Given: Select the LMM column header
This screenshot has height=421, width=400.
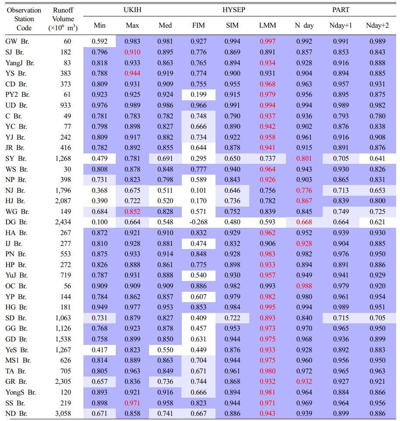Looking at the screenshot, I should point(267,26).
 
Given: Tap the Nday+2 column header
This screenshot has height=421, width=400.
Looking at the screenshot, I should point(377,26).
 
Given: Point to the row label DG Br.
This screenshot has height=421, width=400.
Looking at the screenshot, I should point(16,222).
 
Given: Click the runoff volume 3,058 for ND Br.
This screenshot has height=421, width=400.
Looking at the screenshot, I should point(63,413).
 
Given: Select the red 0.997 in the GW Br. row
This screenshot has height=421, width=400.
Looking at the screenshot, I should point(267,41).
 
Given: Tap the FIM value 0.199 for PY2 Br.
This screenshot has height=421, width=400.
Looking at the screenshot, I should point(198,95).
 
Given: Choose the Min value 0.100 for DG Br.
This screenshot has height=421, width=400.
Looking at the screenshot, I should point(100,222).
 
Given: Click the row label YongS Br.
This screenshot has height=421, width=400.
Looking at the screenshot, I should point(21,392).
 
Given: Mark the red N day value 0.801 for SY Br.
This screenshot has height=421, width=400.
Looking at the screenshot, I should point(304,158).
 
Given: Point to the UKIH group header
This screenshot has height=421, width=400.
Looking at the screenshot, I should point(132,10).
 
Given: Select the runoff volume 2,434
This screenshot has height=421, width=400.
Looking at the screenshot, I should point(63,222).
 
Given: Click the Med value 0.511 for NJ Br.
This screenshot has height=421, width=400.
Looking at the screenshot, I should point(165,190).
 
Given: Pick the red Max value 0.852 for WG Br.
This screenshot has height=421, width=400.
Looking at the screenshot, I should point(133,211).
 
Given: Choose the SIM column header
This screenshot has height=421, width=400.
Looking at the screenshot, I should point(232,26).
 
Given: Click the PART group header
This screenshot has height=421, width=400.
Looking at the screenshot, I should point(341,10).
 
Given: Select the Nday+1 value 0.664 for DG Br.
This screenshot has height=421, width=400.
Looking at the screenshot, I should point(341,222).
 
